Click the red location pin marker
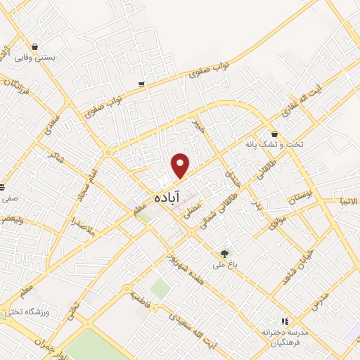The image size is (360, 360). (x=181, y=165)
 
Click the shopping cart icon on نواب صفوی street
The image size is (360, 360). (x=142, y=84)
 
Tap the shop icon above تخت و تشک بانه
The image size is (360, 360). (x=274, y=134)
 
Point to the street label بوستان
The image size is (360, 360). (x=304, y=197)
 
